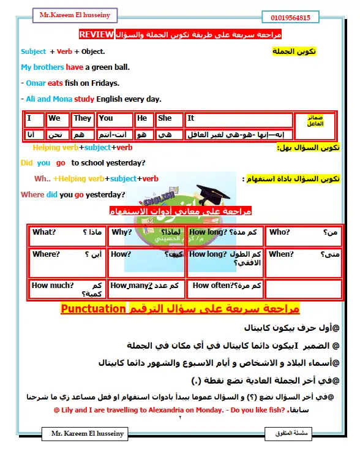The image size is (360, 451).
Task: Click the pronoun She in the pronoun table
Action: click(x=165, y=118)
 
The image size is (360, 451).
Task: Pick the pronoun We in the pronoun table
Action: click(x=54, y=118)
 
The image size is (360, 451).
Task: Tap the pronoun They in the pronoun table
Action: click(x=82, y=118)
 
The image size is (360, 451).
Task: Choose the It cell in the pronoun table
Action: click(x=191, y=118)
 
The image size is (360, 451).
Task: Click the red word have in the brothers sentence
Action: click(x=75, y=67)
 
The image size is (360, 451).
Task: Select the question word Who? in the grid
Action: click(x=279, y=232)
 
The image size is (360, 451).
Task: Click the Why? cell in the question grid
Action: click(x=122, y=232)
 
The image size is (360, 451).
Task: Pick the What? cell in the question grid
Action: click(x=44, y=232)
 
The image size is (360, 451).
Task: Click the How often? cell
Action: click(x=212, y=285)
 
